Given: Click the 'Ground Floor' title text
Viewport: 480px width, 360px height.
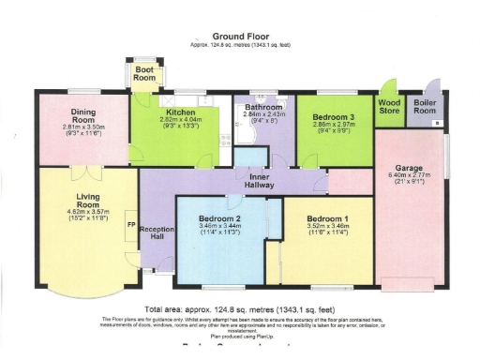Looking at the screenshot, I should (x=240, y=34).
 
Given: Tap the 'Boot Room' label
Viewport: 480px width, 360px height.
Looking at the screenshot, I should (x=144, y=74).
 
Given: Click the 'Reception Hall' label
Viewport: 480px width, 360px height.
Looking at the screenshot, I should (x=157, y=234).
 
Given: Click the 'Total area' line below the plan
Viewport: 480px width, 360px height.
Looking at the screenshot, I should (x=240, y=309).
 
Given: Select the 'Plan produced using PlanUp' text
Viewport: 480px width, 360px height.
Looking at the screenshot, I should (x=240, y=333).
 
